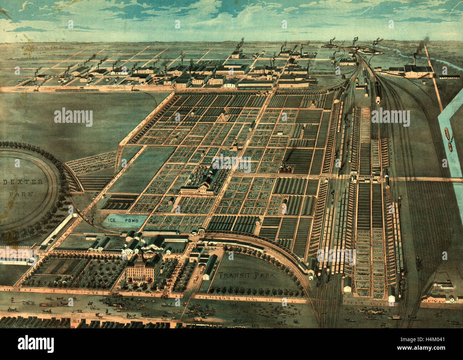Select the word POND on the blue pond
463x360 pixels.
pos(131,220)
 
